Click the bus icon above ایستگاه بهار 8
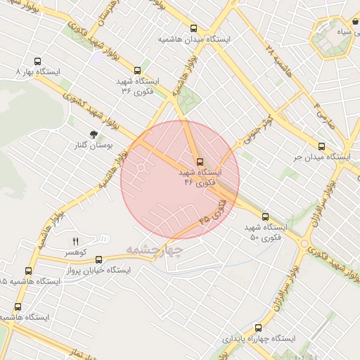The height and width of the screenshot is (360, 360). click(37, 60)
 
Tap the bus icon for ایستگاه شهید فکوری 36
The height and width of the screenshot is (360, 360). click(137, 70)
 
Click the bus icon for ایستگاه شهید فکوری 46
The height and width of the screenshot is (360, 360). click(200, 161)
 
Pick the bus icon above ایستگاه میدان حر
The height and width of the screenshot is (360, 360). click(321, 147)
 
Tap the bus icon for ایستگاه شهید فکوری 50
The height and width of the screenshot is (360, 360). click(265, 217)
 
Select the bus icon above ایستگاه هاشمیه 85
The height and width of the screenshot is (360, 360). click(29, 271)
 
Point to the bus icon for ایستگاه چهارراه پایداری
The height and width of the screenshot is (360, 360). click(259, 328)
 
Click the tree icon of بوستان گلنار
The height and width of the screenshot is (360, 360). click(94, 134)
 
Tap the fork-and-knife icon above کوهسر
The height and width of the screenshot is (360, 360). click(75, 241)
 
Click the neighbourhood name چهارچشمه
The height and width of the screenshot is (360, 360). click(155, 250)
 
